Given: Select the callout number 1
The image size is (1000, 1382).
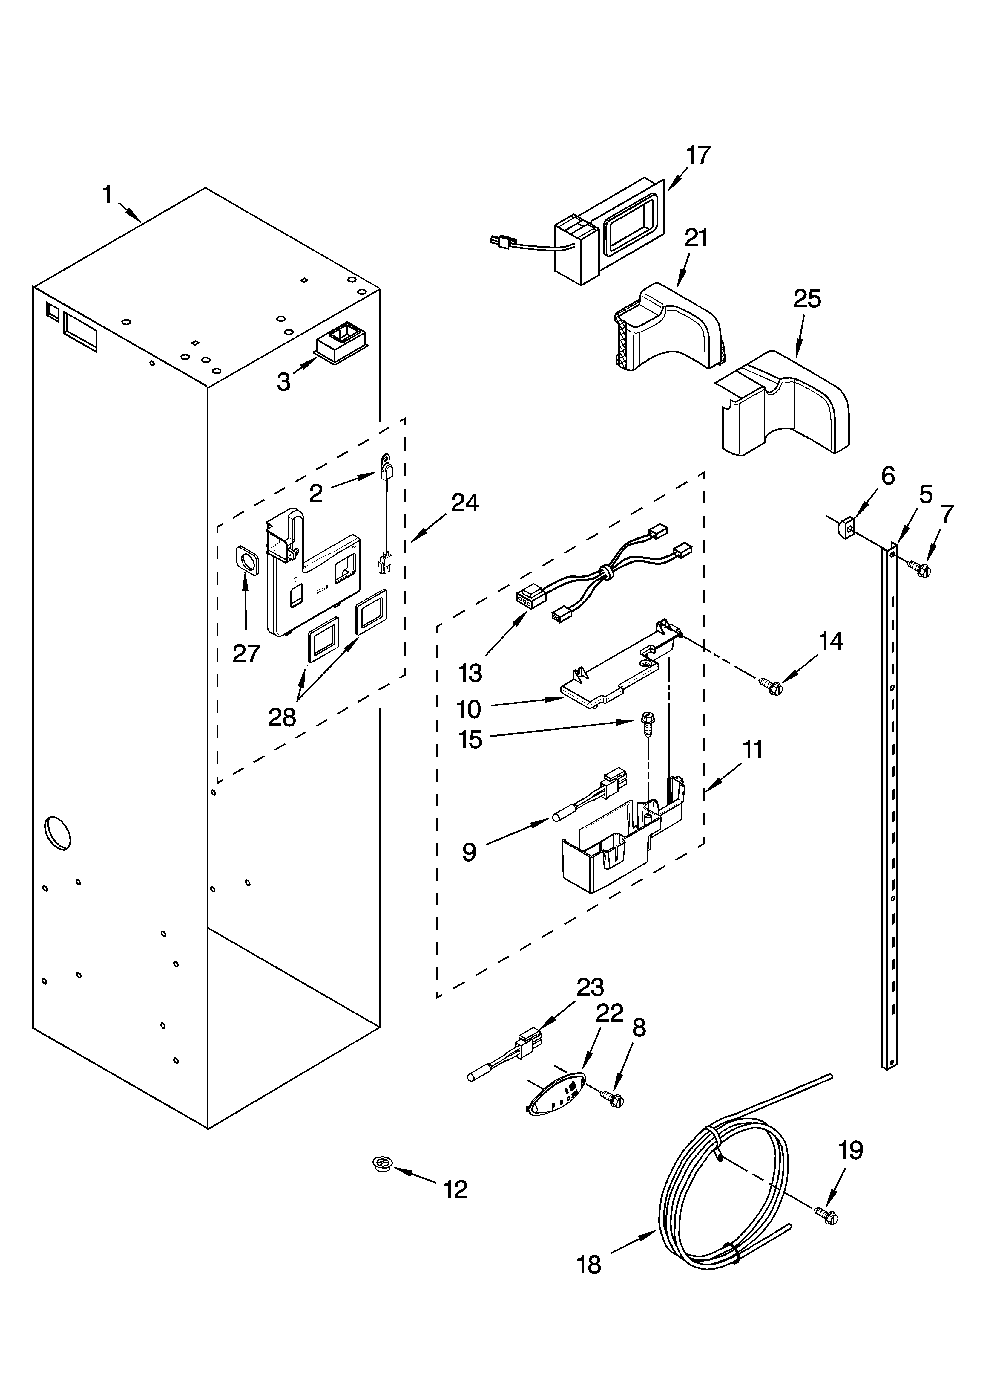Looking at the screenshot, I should coord(107,195).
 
